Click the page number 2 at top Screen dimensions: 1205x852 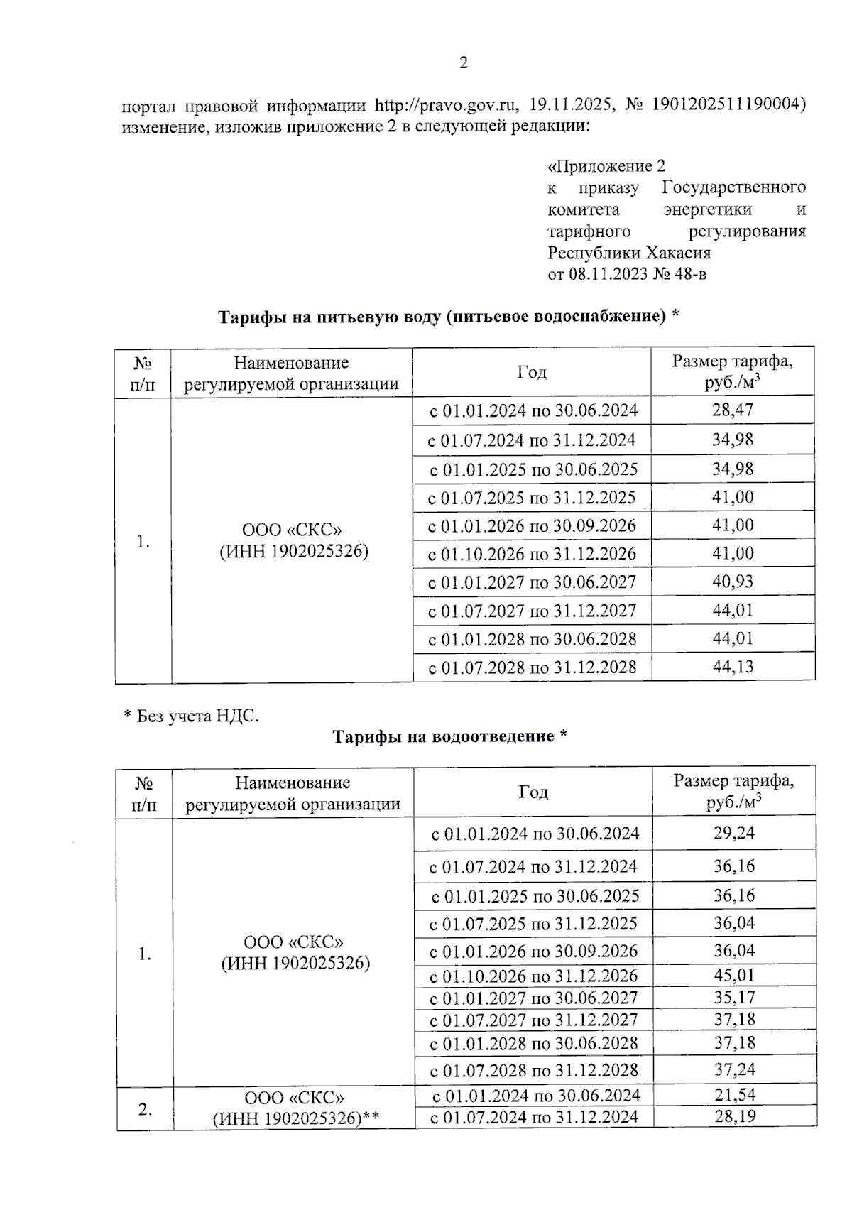tap(464, 63)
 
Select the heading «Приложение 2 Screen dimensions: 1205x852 tap(606, 166)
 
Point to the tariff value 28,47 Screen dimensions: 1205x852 tap(733, 410)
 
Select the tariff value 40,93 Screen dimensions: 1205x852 tap(733, 582)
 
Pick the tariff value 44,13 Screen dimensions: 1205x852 tap(733, 667)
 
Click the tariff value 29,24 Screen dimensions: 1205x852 tap(734, 833)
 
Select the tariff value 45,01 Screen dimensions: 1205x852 tap(734, 975)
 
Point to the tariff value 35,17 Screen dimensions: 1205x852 tap(734, 997)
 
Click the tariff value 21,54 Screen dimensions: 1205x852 tap(734, 1094)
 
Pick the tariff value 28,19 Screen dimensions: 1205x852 tap(734, 1116)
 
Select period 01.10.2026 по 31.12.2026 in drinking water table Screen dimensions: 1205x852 tap(532, 554)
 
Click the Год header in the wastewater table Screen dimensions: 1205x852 tap(532, 792)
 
